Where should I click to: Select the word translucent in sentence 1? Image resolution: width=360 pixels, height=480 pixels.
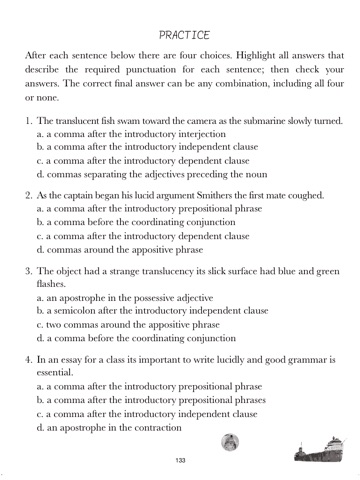(x=83, y=119)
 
